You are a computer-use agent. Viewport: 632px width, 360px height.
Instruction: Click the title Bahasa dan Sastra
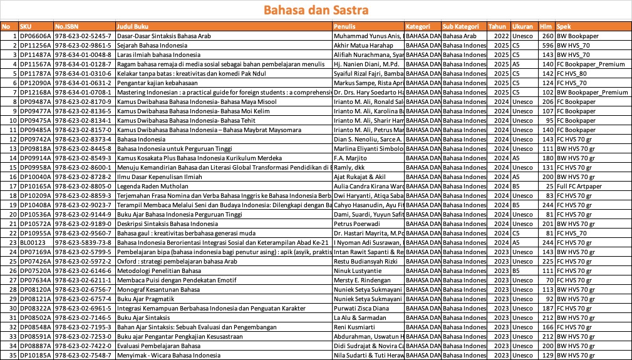[x=316, y=10]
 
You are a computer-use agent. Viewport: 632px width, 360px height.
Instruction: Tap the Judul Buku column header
[x=130, y=27]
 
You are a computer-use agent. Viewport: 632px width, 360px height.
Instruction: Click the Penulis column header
[x=346, y=27]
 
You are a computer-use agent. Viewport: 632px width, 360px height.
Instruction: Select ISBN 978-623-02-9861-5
[x=83, y=46]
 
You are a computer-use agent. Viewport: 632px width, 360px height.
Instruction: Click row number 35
[x=13, y=355]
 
